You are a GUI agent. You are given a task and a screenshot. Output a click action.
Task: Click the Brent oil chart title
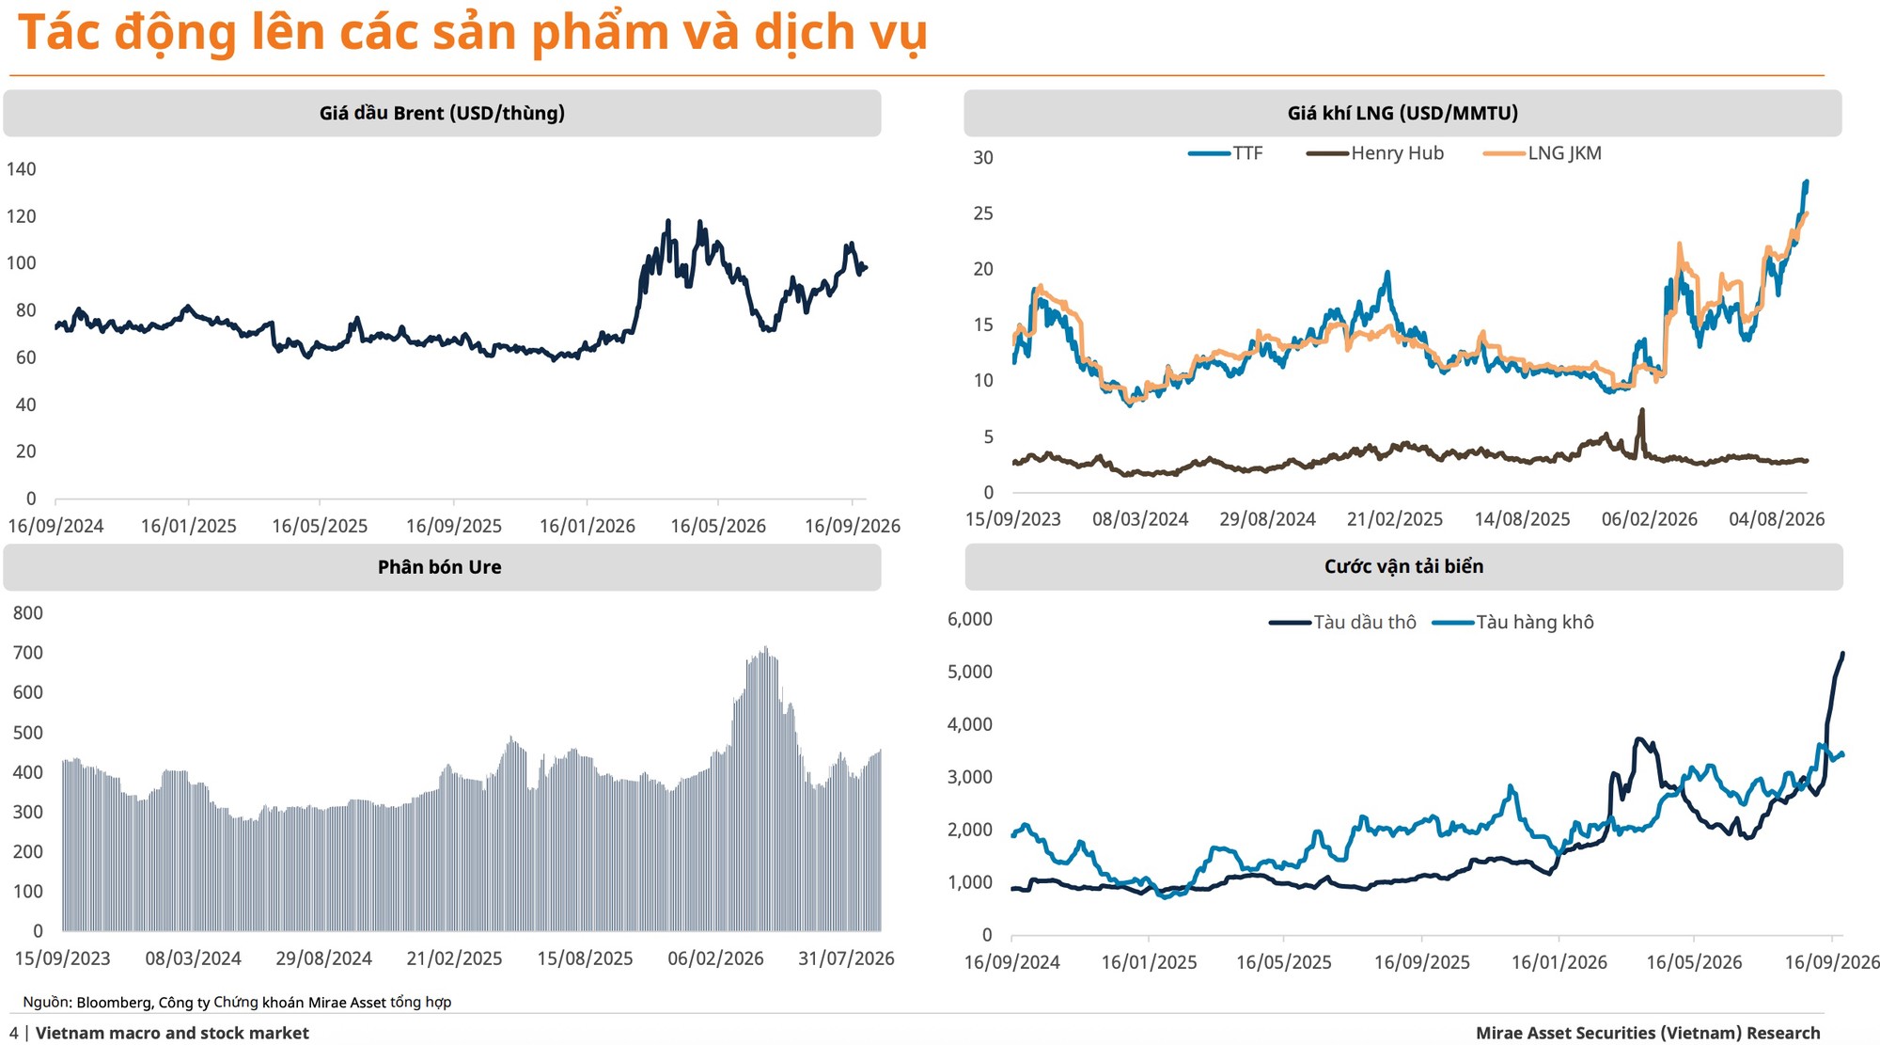click(442, 114)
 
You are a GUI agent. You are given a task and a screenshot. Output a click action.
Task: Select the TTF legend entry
click(1226, 153)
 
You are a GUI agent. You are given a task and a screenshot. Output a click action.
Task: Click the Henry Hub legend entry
click(1375, 153)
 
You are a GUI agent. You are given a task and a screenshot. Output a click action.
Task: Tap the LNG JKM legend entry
click(1543, 153)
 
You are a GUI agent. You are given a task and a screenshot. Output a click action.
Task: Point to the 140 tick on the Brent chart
click(21, 169)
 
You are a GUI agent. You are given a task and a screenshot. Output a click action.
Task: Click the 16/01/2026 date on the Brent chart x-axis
click(587, 526)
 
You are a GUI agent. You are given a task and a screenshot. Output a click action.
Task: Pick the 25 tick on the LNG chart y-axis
click(982, 214)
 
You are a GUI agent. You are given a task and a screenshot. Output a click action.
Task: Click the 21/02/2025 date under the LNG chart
click(1395, 519)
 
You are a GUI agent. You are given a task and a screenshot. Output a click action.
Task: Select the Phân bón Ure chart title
click(439, 567)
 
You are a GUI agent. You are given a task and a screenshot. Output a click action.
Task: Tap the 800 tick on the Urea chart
click(27, 613)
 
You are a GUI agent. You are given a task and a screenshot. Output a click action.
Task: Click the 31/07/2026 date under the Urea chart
click(846, 958)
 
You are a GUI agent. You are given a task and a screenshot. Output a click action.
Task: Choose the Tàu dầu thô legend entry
click(1342, 623)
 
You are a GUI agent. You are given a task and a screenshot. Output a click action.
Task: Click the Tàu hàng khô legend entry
click(1513, 623)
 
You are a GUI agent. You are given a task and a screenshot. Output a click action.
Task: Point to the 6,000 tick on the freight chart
click(969, 619)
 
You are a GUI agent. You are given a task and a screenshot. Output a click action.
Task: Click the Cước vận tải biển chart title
click(1403, 566)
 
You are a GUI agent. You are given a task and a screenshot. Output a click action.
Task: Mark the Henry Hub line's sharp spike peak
click(1641, 410)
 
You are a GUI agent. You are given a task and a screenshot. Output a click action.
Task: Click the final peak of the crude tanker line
click(1842, 653)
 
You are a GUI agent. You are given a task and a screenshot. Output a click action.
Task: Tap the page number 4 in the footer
click(14, 1033)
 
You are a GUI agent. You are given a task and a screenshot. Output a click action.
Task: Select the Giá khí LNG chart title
click(1402, 114)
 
